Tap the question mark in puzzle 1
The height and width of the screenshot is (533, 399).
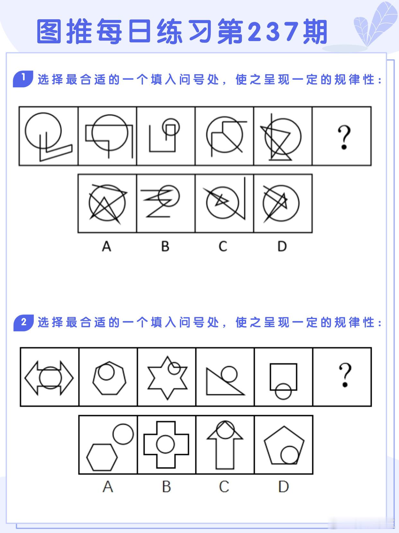click(344, 137)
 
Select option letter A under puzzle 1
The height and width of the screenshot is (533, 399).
click(106, 246)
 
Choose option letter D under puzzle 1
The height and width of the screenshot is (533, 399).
click(282, 246)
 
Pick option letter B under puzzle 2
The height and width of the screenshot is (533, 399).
click(166, 486)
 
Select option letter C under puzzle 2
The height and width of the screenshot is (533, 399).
click(224, 486)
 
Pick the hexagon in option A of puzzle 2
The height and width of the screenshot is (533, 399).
click(102, 457)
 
